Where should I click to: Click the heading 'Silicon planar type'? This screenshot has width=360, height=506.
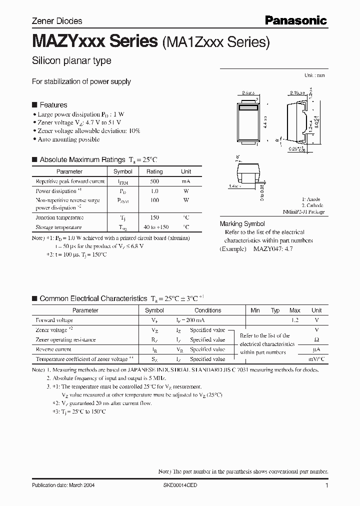(x=71, y=61)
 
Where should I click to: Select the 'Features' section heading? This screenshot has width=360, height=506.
(x=53, y=105)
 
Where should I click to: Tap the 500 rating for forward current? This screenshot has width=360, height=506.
(x=154, y=181)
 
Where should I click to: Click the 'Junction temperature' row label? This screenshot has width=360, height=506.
(x=59, y=217)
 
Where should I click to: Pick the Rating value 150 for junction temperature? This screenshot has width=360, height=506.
(x=154, y=217)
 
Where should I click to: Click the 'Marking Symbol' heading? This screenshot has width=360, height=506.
(x=242, y=224)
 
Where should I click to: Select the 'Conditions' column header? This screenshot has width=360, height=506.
(x=207, y=310)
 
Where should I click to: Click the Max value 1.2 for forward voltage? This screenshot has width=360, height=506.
(x=295, y=320)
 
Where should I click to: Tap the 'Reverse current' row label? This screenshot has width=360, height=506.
(x=53, y=349)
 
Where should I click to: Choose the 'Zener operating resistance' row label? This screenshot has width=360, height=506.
(x=65, y=339)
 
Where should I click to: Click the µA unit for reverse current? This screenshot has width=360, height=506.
(x=316, y=349)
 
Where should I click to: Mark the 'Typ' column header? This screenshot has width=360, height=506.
(x=275, y=310)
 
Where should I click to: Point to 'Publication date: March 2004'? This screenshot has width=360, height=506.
(x=63, y=485)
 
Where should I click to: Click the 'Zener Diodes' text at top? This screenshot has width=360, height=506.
(x=57, y=21)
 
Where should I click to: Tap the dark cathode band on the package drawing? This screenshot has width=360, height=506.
(x=247, y=107)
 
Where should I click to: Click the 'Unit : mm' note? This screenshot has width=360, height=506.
(x=314, y=75)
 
